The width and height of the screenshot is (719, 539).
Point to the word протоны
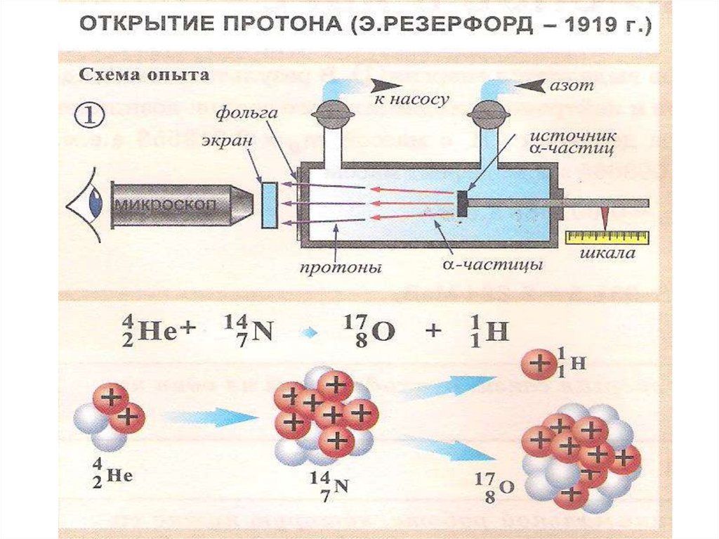[x=341, y=268]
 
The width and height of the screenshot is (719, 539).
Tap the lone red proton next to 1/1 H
[x=539, y=364]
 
